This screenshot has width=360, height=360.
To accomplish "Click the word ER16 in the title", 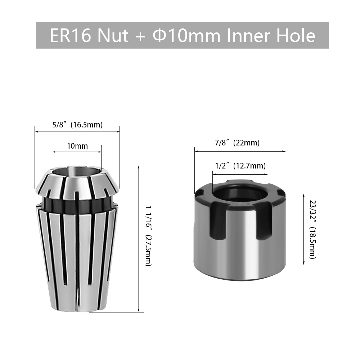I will point(71,36).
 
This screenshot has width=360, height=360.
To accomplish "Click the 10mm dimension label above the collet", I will point(77,146).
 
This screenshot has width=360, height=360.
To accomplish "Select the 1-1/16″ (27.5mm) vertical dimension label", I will point(148,236).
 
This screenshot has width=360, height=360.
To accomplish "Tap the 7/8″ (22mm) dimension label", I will point(237,143).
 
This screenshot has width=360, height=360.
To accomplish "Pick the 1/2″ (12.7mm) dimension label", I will point(240,166).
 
